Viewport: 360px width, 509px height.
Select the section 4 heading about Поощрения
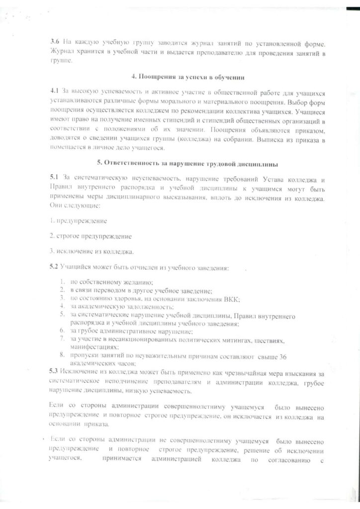(x=180, y=79)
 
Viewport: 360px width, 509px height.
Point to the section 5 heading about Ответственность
(x=180, y=164)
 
